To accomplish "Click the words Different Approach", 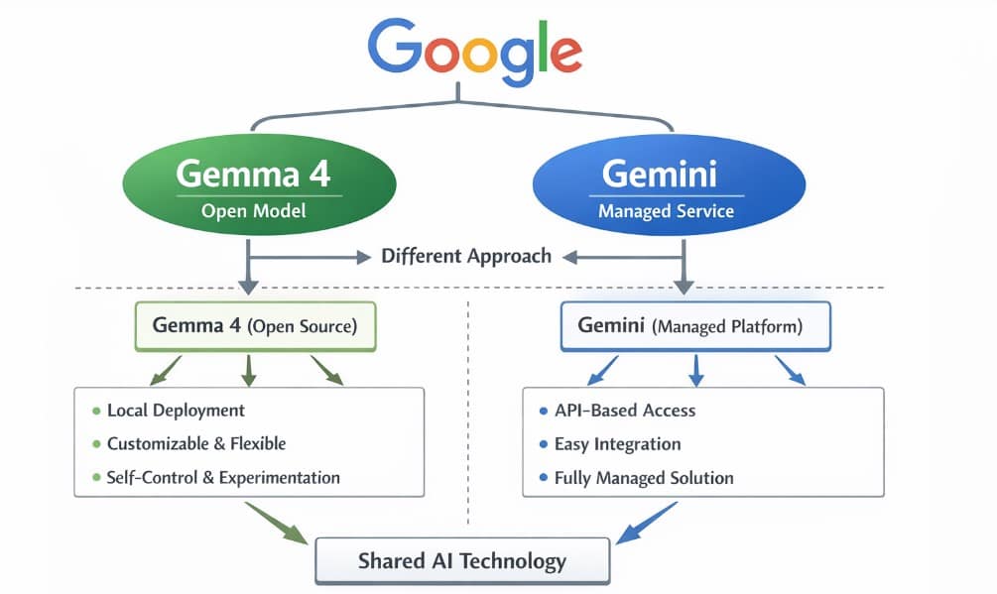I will point(466,256).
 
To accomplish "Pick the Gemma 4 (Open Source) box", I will point(255,325).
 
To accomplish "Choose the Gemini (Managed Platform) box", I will point(695,325).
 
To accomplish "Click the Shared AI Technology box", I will point(462,561).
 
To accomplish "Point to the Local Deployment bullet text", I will point(176,411).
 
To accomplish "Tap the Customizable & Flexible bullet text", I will point(196,443).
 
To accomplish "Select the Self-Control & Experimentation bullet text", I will point(223,477).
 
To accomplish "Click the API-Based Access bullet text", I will point(625,411).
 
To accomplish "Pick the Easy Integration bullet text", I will point(617,443).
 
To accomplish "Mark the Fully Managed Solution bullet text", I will point(644,477).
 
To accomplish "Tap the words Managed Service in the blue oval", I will point(666,211).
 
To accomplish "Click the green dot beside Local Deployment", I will point(96,411).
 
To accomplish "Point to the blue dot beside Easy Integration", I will point(543,444).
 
